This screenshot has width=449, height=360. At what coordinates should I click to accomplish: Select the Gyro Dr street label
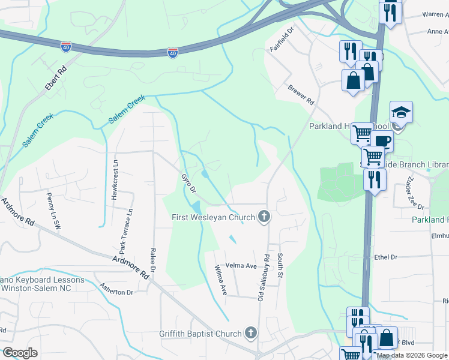188,183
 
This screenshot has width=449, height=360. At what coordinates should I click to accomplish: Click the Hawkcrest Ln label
113,173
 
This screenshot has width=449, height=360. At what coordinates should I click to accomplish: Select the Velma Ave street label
241,266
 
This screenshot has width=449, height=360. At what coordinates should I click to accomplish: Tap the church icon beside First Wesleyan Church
263,217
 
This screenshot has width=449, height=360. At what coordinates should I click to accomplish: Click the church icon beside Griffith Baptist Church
251,333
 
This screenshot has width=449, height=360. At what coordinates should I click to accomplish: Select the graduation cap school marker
400,112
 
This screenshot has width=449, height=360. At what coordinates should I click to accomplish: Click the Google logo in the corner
20,353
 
